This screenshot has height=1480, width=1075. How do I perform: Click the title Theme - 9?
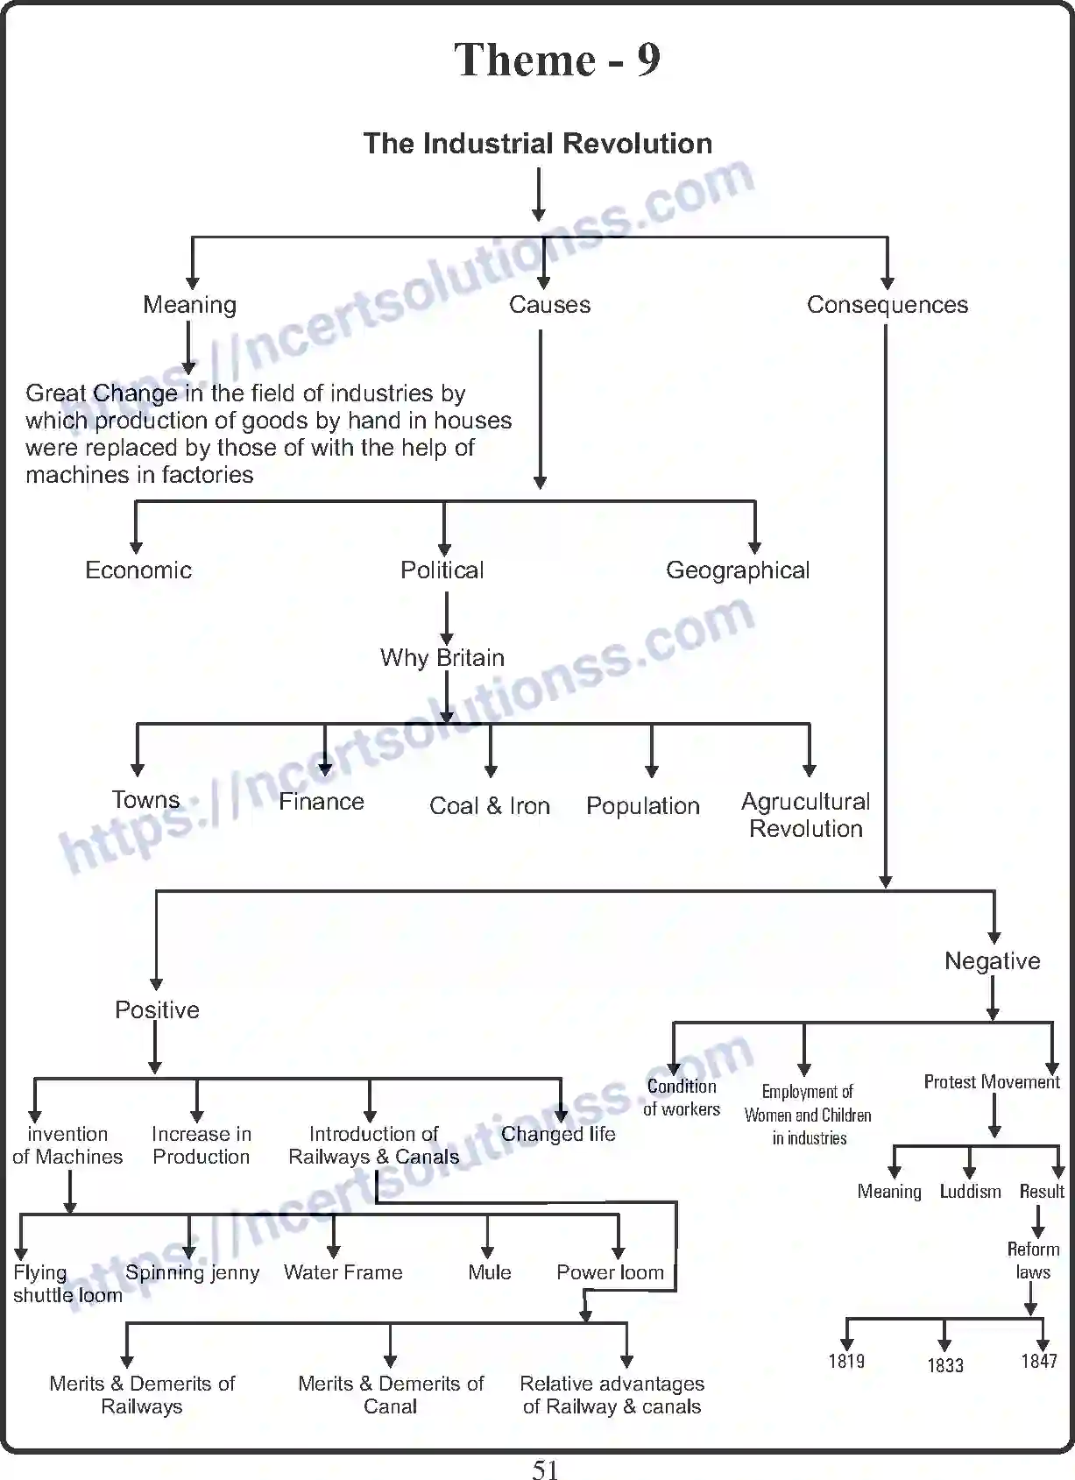[557, 60]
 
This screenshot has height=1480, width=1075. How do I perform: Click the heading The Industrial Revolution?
[538, 144]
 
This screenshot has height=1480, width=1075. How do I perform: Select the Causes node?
[549, 305]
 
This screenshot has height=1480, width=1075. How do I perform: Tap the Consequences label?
[887, 305]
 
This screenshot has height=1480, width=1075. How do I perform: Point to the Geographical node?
[738, 570]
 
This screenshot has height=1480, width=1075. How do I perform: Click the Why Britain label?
[442, 658]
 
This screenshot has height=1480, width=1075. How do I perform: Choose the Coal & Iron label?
[490, 806]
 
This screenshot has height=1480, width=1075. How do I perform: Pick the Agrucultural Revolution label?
[806, 815]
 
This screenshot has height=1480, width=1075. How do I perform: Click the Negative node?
[992, 961]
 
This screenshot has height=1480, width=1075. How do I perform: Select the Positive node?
[158, 1010]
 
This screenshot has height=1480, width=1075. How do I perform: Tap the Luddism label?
[970, 1192]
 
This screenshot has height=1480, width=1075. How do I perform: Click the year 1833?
[945, 1365]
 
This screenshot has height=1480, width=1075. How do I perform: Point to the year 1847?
[1039, 1361]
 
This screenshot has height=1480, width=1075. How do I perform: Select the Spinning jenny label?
[193, 1272]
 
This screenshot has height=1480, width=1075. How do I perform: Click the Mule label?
[490, 1272]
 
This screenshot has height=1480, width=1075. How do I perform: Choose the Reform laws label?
[1033, 1261]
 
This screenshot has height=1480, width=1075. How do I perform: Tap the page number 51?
[545, 1469]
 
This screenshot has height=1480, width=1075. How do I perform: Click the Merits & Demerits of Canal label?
[391, 1395]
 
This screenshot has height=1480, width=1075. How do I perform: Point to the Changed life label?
[558, 1134]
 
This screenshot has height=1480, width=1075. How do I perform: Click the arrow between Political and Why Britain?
[447, 618]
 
